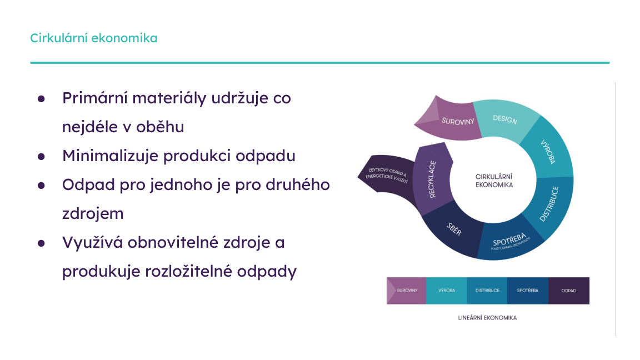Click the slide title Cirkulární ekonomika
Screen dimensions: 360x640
coord(93,38)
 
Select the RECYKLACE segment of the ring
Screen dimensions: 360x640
coord(432,179)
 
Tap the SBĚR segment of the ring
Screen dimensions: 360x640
coord(454,230)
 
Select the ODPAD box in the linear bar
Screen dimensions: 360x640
coord(568,291)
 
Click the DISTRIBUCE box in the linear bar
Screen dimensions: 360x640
coord(487,291)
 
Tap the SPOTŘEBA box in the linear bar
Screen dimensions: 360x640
coord(527,291)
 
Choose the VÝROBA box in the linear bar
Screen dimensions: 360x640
coord(447,291)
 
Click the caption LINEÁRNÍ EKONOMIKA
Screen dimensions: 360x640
coord(488,318)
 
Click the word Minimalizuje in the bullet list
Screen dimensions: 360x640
coord(110,156)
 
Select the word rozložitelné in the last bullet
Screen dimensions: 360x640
coord(183,272)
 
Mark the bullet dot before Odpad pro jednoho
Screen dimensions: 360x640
coord(41,185)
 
